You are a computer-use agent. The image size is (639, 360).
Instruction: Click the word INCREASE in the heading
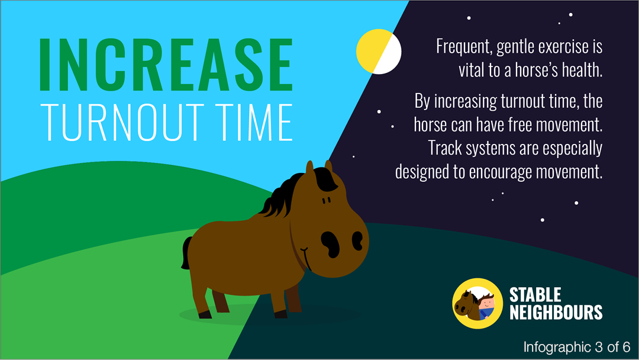coord(166,65)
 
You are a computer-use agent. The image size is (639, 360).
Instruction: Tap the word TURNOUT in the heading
coord(122,123)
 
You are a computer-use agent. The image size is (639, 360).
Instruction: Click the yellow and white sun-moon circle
coord(379,52)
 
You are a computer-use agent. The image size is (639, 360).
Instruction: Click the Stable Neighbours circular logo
coord(477,303)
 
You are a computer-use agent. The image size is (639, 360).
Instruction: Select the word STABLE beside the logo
coord(535,295)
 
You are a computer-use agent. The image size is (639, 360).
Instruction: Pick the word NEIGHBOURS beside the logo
coord(556,313)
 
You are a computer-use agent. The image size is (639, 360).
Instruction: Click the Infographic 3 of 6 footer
coord(577,347)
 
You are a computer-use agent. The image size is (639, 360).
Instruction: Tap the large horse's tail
coord(186,253)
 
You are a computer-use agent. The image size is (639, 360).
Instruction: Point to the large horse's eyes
coord(327,200)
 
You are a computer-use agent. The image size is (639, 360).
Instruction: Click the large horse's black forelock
coord(326,180)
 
